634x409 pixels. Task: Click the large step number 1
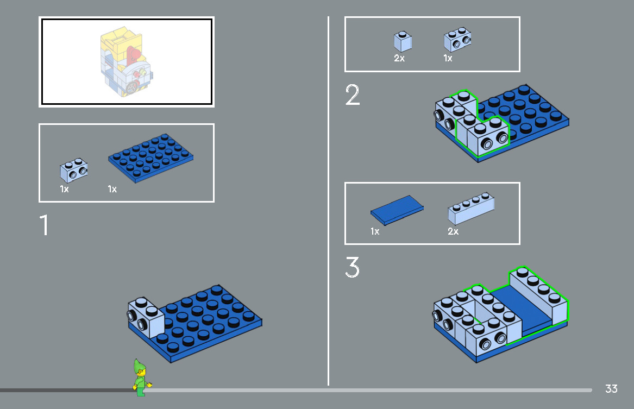[x=44, y=225]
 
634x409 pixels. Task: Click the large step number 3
[x=352, y=268]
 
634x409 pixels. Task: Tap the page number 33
[x=611, y=389]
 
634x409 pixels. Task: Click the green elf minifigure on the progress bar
[x=141, y=377]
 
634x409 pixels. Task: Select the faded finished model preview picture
[x=126, y=62]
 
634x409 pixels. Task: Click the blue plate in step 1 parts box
[x=151, y=158]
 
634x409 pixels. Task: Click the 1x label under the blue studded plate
[x=112, y=190]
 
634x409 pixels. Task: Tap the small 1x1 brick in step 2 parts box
[x=403, y=41]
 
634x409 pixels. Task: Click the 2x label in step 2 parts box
[x=399, y=58]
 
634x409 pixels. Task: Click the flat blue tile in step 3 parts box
[x=397, y=210]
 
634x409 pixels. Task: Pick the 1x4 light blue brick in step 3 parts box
[x=470, y=211]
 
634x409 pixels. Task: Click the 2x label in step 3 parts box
[x=453, y=231]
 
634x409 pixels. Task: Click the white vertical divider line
[x=328, y=201]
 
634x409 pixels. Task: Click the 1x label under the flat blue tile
[x=375, y=231]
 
